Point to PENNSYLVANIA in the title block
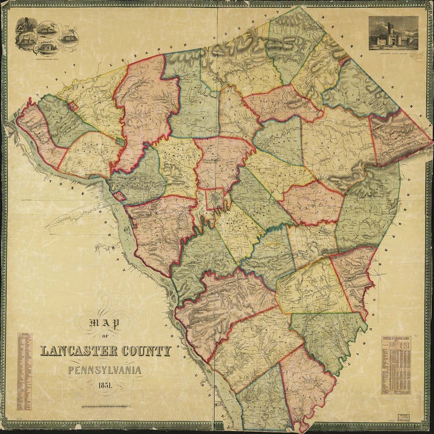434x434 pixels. [104, 370]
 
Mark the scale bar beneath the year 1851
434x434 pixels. [105, 406]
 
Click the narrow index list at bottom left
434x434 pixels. [24, 372]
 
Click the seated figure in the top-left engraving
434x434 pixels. [24, 26]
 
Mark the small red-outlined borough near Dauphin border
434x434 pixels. [72, 106]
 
